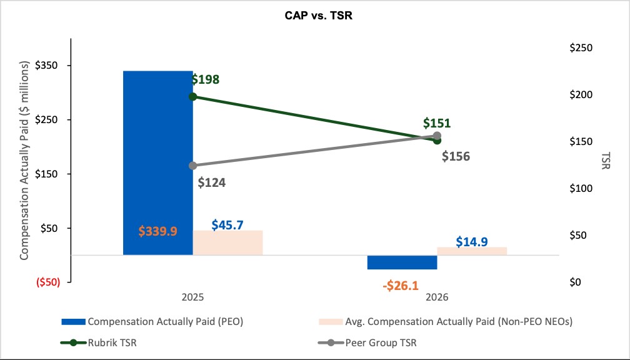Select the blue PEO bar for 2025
coord(158,162)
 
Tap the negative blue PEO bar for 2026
coord(402,262)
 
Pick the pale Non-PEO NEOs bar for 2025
coord(227,242)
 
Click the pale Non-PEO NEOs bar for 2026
coord(472,251)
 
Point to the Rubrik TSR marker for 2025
coord(193,96)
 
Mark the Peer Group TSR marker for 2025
coord(193,166)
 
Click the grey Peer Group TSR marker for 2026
coord(437,136)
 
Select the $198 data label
coord(205,79)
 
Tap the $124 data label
coord(212,182)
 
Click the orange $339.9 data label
coord(158,231)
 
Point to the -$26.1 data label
coord(401,286)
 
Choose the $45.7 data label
coord(227,224)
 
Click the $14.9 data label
coord(472,242)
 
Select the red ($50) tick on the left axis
coord(48,282)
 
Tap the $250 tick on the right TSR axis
coord(581,47)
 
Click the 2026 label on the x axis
coord(437,297)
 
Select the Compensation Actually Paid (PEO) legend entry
coord(152,322)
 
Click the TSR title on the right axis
coord(606,160)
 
